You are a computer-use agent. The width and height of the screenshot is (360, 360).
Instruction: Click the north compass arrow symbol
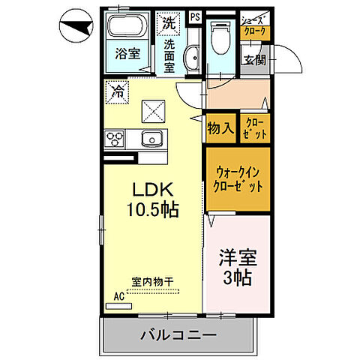72,28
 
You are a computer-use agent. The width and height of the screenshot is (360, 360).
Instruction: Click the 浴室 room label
127,54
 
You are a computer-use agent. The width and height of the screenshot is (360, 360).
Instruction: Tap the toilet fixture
220,34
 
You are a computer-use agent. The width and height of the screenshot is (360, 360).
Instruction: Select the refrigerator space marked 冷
117,91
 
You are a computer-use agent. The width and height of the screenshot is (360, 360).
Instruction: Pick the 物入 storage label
220,128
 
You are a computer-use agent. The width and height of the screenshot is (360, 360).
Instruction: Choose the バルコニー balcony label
178,334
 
